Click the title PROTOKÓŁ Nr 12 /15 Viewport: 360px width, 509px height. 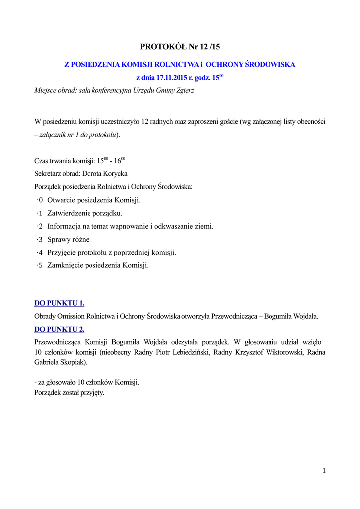pos(180,47)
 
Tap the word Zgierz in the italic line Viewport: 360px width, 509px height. pos(183,90)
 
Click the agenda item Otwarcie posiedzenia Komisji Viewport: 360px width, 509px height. pos(94,200)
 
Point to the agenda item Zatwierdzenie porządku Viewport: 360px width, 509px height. pos(85,213)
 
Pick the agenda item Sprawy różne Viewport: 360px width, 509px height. pos(69,239)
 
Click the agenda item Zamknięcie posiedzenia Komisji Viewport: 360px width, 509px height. pos(98,265)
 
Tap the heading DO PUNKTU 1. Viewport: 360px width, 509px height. pos(59,303)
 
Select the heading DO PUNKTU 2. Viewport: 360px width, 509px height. pos(59,329)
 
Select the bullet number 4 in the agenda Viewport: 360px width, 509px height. pos(40,252)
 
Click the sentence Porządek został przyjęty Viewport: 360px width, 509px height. pos(69,392)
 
